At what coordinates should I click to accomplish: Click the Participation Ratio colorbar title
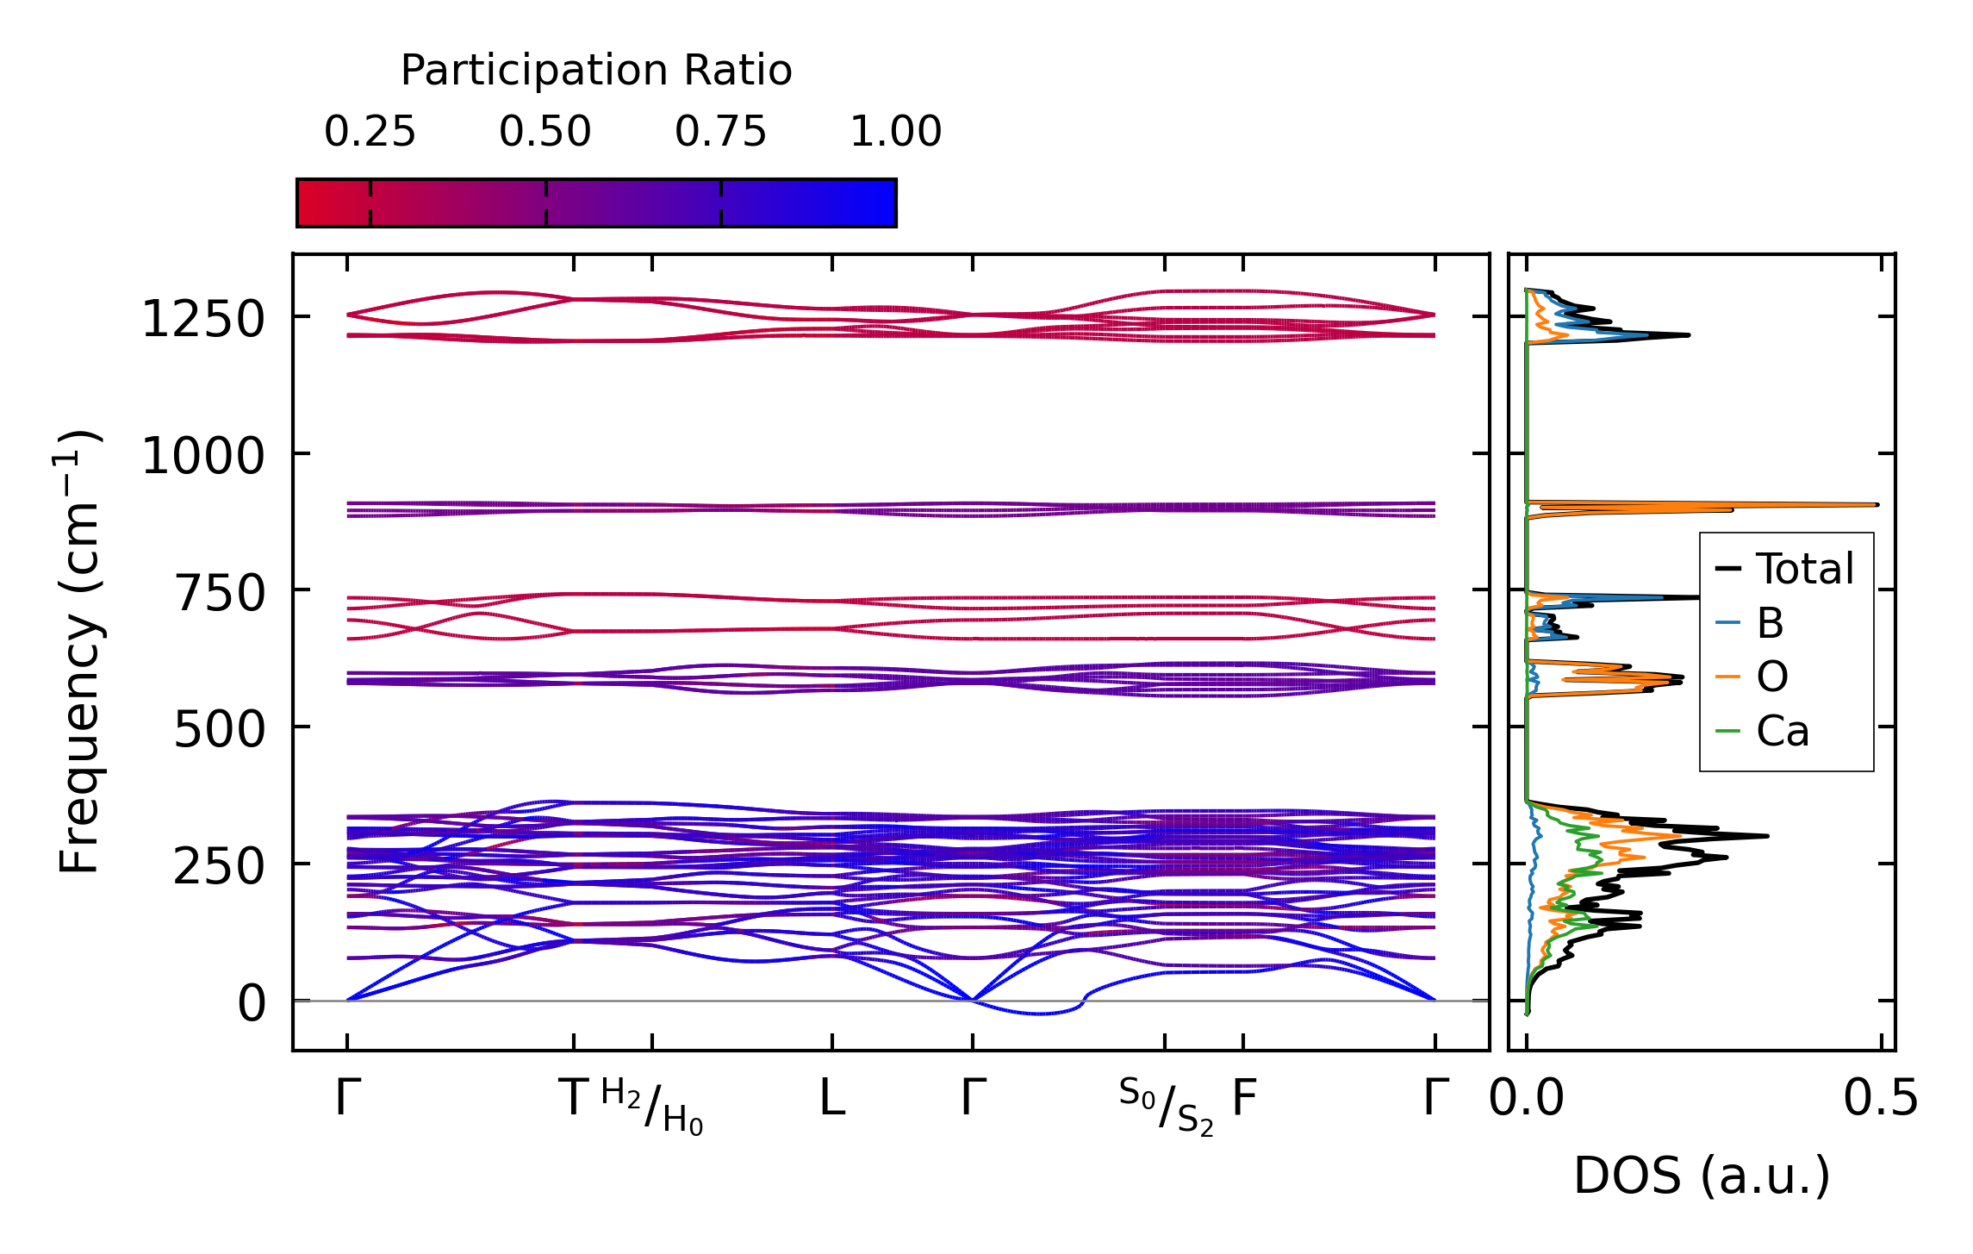click(x=596, y=71)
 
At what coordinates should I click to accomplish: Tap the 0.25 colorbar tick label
click(x=370, y=132)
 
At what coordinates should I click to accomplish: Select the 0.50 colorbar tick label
click(x=545, y=132)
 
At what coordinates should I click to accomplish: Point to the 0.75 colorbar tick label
click(x=720, y=132)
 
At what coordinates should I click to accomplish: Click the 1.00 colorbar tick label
click(x=896, y=132)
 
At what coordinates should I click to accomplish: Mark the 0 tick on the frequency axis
click(x=252, y=1003)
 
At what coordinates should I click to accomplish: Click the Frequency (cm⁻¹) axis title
click(x=79, y=652)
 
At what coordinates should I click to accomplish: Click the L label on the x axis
click(x=832, y=1098)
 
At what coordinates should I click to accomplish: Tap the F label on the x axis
click(x=1244, y=1098)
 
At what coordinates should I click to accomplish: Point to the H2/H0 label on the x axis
click(x=652, y=1107)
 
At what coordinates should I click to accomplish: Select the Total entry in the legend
click(x=1804, y=570)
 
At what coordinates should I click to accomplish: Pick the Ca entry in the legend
click(x=1782, y=732)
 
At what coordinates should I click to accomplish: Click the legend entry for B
click(x=1770, y=623)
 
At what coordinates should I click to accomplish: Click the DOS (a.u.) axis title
click(x=1702, y=1176)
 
